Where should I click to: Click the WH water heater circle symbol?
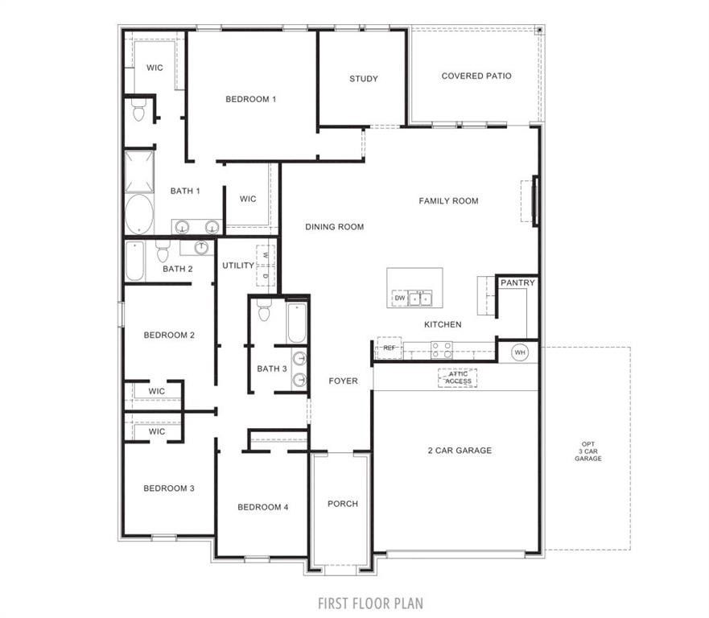click(519, 352)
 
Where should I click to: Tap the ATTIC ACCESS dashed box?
click(457, 377)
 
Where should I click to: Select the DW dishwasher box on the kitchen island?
click(399, 299)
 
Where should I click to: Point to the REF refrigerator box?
click(390, 348)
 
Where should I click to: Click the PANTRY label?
click(517, 283)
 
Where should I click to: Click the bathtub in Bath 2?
click(134, 262)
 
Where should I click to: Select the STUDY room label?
click(363, 79)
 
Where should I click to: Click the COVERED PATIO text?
click(476, 76)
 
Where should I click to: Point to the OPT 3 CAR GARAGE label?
click(590, 451)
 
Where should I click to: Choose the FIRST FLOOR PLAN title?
click(370, 603)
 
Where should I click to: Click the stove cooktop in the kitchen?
click(442, 349)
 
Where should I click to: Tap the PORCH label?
click(342, 504)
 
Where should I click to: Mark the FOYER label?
click(343, 381)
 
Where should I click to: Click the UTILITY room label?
click(238, 266)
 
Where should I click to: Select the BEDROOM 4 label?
click(262, 507)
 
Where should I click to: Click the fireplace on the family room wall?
click(534, 200)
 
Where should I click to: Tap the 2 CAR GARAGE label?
click(459, 451)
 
